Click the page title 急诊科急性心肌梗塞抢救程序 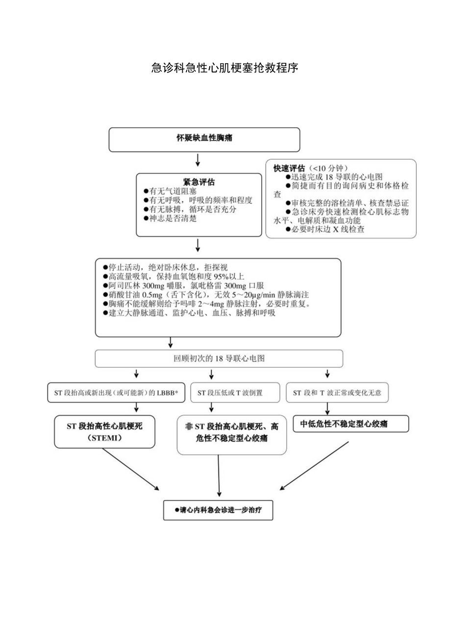click(x=225, y=68)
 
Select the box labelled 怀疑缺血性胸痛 click(x=204, y=139)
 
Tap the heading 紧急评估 click(x=199, y=182)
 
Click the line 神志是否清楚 click(x=170, y=218)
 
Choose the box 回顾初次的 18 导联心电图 click(x=219, y=358)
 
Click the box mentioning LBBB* click(x=117, y=393)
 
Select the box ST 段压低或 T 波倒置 click(x=230, y=393)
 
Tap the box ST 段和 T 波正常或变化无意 click(x=337, y=393)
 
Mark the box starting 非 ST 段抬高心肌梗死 click(x=231, y=433)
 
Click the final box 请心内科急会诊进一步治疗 click(x=218, y=510)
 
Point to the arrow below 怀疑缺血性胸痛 click(x=197, y=160)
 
